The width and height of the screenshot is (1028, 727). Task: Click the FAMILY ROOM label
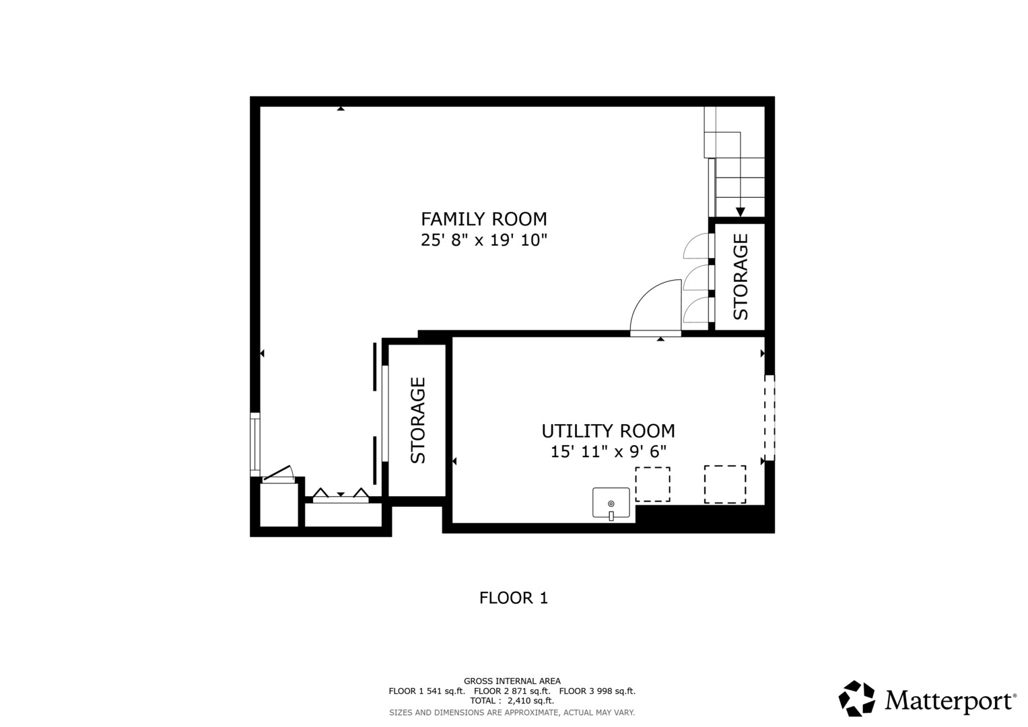tap(484, 219)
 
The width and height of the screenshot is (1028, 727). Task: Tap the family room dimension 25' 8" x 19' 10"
tap(484, 240)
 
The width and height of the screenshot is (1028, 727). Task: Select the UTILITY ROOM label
tap(608, 431)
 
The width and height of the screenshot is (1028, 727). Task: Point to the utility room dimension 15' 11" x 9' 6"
tap(608, 452)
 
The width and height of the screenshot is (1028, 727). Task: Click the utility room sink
tap(611, 504)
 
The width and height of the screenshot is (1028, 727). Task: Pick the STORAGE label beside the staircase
tap(741, 276)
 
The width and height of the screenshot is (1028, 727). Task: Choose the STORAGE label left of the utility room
tap(417, 421)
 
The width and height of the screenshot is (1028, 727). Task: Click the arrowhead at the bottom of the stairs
tap(741, 211)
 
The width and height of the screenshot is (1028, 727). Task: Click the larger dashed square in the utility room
tap(725, 484)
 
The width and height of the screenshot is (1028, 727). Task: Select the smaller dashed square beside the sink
tap(652, 484)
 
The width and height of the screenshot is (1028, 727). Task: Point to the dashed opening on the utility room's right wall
tap(769, 417)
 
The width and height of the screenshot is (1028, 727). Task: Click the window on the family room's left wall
tap(254, 445)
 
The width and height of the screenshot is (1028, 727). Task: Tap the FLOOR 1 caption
tap(514, 598)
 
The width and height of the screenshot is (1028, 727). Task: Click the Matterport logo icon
tap(857, 699)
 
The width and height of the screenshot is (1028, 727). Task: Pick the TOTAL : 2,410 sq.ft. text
tap(512, 701)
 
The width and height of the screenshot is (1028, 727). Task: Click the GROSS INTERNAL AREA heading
tap(512, 681)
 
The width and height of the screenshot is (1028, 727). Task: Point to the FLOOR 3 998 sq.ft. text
tap(597, 691)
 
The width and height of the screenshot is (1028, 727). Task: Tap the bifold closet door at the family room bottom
tap(341, 495)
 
